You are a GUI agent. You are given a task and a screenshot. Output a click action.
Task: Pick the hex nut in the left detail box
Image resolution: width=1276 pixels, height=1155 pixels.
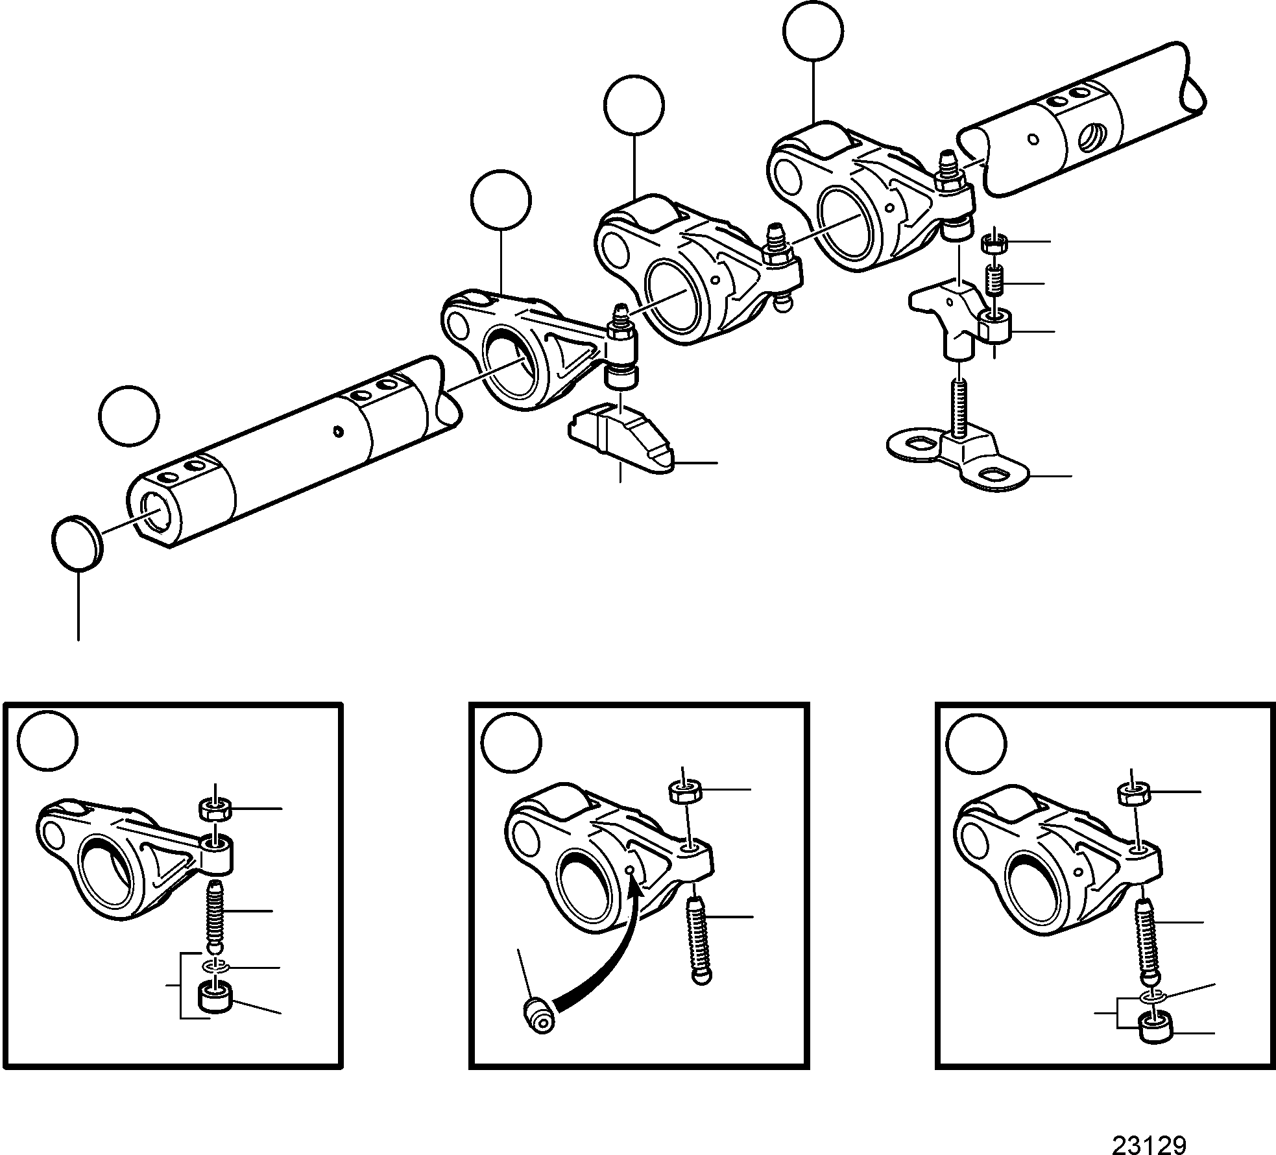point(215,809)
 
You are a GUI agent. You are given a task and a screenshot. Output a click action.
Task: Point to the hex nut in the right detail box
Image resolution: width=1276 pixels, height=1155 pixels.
point(1133,793)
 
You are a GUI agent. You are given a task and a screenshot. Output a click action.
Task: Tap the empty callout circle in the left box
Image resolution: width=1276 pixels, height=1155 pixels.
point(47,743)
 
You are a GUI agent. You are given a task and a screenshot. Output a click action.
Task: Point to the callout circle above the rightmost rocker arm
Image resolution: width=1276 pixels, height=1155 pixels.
point(813,31)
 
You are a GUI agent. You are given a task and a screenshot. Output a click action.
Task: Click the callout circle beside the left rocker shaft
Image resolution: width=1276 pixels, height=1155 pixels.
point(129,416)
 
